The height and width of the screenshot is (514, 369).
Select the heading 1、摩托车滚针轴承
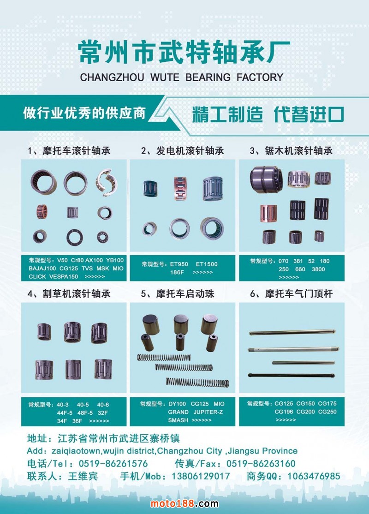coord(69,151)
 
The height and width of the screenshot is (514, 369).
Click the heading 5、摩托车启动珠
coord(178,294)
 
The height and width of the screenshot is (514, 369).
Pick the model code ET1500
coord(207,264)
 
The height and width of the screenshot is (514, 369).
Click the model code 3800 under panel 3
coord(318,269)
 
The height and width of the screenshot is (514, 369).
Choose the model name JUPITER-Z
coord(208,412)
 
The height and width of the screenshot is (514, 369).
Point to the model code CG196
coord(284,412)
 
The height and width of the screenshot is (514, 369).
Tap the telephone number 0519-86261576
coord(113,464)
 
